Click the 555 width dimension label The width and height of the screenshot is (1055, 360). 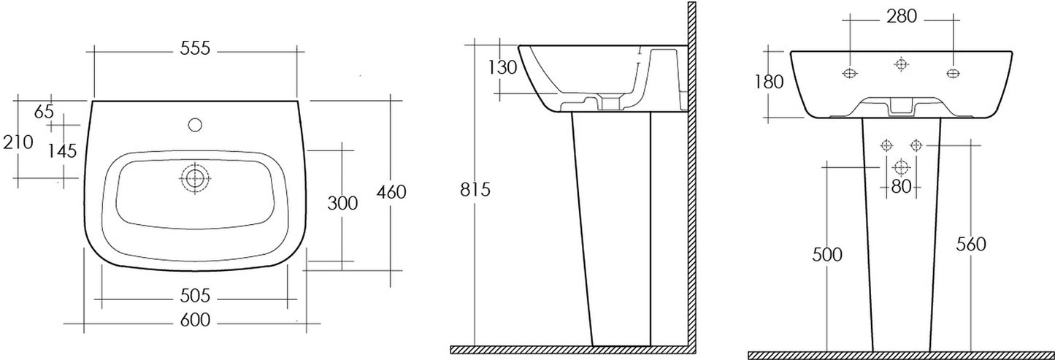(195, 48)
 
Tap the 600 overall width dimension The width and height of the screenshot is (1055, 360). (195, 321)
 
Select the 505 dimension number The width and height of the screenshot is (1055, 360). (195, 296)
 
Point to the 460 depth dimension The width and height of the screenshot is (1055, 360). (391, 192)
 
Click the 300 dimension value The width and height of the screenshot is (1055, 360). (342, 203)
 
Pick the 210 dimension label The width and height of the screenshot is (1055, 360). (18, 142)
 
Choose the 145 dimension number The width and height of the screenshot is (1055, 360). (62, 151)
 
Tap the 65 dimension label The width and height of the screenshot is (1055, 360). (45, 112)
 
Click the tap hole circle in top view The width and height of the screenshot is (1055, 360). (194, 125)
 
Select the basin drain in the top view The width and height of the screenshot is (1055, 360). (195, 178)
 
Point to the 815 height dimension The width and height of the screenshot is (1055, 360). (475, 189)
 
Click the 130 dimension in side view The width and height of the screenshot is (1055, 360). (502, 68)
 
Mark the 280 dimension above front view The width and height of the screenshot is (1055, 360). (902, 17)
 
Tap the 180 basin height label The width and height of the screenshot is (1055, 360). (769, 83)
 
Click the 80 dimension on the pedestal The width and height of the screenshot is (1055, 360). (901, 187)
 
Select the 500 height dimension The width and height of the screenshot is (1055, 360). (827, 255)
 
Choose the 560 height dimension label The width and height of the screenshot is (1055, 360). (971, 245)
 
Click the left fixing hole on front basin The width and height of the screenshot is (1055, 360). (850, 73)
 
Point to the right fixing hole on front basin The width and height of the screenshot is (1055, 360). (953, 73)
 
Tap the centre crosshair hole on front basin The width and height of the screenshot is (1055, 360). (901, 64)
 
